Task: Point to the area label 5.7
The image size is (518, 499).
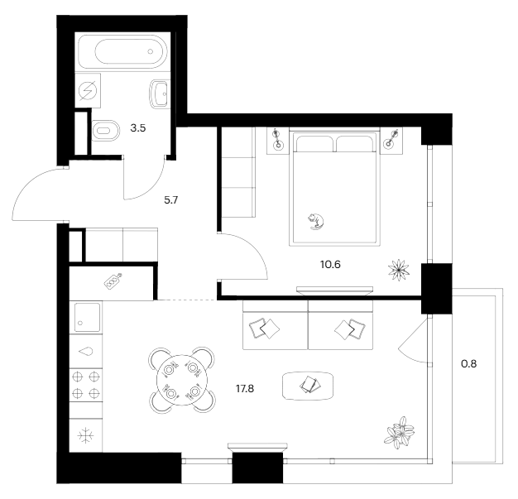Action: pyautogui.click(x=170, y=199)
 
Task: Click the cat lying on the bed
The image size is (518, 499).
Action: pyautogui.click(x=315, y=219)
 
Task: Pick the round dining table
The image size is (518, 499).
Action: pyautogui.click(x=182, y=379)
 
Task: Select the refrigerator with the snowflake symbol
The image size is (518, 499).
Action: pyautogui.click(x=85, y=434)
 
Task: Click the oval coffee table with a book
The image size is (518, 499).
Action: pyautogui.click(x=309, y=383)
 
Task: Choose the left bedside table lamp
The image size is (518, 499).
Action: pyautogui.click(x=279, y=140)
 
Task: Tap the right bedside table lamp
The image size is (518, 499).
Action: pyautogui.click(x=391, y=140)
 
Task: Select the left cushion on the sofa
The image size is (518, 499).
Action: pyautogui.click(x=266, y=329)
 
